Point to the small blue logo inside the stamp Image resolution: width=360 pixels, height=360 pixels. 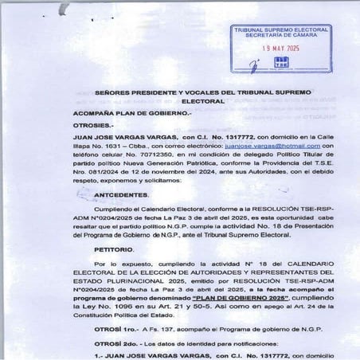click(280, 62)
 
